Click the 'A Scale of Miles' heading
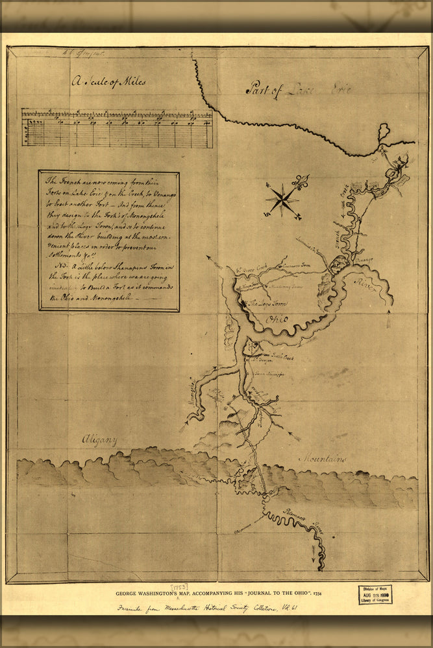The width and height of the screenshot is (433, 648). [x=109, y=82]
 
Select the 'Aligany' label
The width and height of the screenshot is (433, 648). [x=99, y=441]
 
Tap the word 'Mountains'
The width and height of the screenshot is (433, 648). [x=322, y=459]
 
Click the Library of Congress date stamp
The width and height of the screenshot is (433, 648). [x=375, y=594]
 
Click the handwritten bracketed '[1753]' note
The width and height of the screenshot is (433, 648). [x=179, y=586]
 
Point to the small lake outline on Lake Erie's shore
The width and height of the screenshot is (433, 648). [x=384, y=131]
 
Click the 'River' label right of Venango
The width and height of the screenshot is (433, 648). [x=365, y=285]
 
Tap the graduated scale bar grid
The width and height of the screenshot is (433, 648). [x=117, y=128]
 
